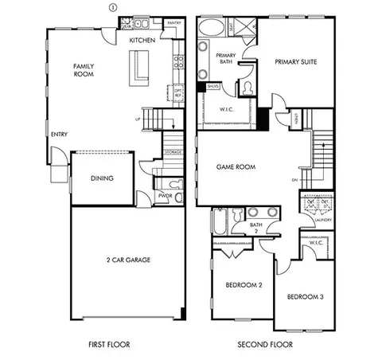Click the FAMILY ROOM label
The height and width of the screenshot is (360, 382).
click(x=84, y=70)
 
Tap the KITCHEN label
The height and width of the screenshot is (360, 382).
click(x=143, y=39)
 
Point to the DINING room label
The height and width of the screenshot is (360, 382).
click(x=101, y=178)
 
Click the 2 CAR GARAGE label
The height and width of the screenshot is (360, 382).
click(x=128, y=260)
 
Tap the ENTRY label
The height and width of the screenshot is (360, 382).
click(x=59, y=135)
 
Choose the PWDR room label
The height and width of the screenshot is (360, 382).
click(x=166, y=195)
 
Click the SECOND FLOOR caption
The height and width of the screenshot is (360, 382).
click(x=265, y=345)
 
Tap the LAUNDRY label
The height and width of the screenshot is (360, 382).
click(x=322, y=220)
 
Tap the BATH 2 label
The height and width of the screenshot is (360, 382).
click(x=255, y=229)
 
